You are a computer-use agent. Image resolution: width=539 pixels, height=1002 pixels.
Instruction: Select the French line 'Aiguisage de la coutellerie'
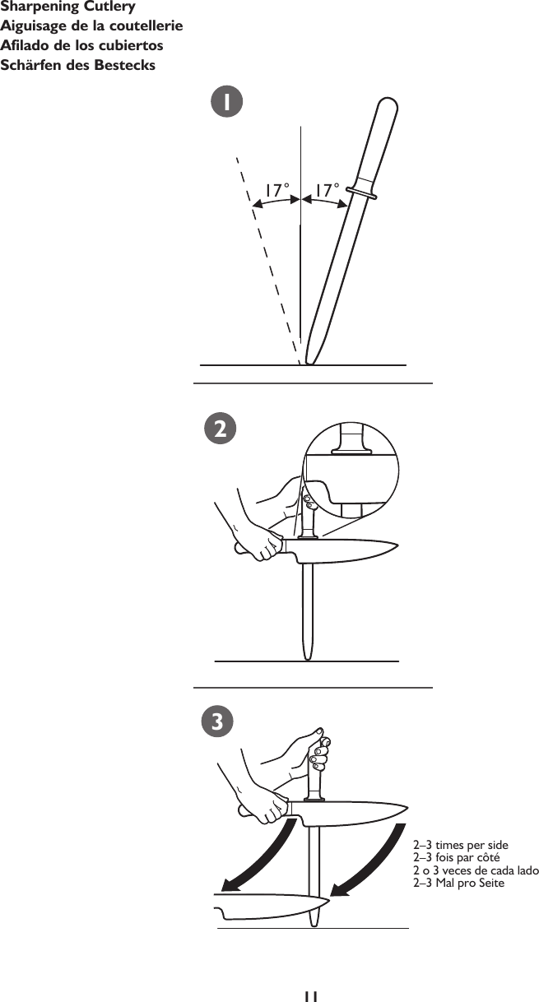point(91,26)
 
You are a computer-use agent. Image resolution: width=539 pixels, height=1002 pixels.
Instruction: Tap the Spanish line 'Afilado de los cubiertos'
point(81,45)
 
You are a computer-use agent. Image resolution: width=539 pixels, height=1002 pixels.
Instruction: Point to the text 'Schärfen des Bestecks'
point(78,65)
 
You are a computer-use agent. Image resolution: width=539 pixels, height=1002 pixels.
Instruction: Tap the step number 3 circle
point(216,721)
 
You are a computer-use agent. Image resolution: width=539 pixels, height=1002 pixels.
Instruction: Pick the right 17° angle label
point(326,189)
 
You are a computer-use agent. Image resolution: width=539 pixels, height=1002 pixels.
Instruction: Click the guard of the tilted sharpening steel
point(361,193)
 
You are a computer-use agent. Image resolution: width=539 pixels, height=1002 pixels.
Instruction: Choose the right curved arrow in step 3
point(370,856)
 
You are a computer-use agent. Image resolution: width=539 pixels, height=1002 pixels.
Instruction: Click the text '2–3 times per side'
point(460,845)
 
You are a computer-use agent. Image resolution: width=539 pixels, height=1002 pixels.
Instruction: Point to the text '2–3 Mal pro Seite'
point(458,883)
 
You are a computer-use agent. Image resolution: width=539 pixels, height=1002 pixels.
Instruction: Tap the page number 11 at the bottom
point(309,995)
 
